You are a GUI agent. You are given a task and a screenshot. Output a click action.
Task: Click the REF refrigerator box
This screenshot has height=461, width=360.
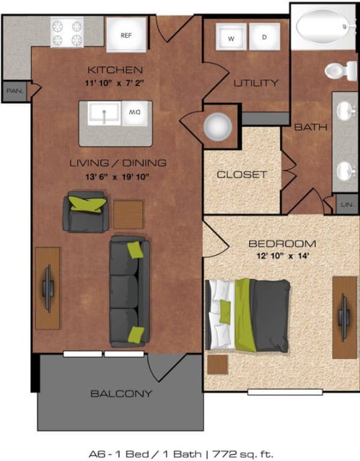click(126, 34)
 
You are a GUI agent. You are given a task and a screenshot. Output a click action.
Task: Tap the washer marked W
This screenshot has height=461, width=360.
click(230, 38)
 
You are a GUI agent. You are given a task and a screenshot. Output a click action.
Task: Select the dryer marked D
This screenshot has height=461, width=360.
click(265, 38)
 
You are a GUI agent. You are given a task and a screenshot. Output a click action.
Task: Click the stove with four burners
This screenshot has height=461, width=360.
click(67, 32)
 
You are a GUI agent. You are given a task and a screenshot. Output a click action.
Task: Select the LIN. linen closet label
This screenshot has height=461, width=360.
click(347, 204)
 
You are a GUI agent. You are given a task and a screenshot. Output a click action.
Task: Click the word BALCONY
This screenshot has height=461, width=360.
click(121, 394)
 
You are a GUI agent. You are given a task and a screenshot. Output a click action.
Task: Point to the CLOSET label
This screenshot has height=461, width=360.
click(242, 175)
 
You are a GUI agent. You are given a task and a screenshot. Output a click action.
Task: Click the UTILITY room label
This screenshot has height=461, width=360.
click(255, 83)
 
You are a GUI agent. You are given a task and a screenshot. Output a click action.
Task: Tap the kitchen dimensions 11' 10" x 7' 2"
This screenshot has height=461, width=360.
click(115, 84)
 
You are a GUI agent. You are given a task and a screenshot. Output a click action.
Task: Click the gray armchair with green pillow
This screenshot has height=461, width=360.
click(85, 210)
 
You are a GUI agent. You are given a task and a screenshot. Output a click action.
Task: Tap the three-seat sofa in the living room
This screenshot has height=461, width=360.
click(129, 290)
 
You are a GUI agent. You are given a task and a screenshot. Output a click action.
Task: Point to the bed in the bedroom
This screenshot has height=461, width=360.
click(248, 314)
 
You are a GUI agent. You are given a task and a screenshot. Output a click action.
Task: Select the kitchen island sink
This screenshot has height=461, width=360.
click(104, 114)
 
